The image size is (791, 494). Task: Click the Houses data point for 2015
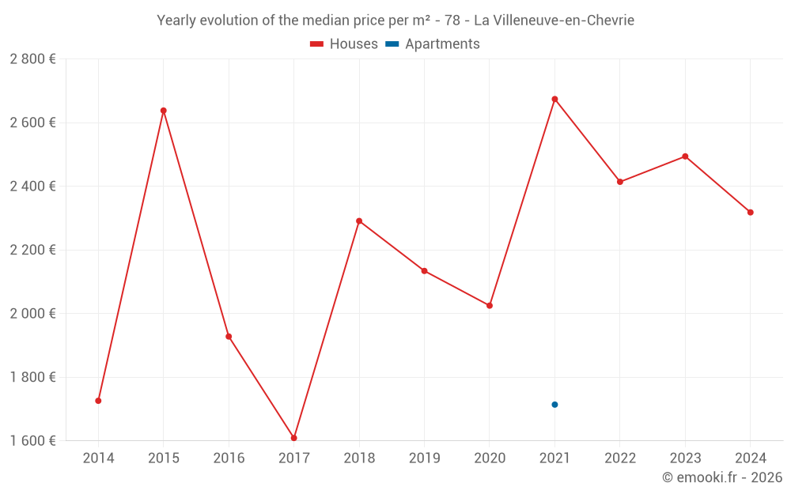[164, 111]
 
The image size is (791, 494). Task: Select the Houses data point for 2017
[294, 438]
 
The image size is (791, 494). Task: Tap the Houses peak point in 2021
[554, 99]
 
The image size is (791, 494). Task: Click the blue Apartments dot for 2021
[554, 405]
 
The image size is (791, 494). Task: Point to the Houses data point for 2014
[98, 401]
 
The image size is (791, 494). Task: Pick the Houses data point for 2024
[751, 213]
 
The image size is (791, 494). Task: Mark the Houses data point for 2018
[359, 221]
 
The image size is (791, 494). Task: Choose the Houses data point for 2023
[685, 156]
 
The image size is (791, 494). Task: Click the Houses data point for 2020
[490, 305]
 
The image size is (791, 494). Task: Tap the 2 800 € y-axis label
[32, 59]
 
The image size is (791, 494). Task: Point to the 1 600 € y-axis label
[32, 441]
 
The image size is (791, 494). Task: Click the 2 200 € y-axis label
[32, 250]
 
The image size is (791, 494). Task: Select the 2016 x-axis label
[229, 458]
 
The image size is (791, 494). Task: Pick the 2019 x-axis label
[424, 458]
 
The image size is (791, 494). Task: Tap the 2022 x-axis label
[620, 458]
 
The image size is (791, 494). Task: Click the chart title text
[395, 21]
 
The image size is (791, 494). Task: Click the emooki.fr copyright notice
[722, 477]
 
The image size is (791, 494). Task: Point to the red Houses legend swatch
[317, 44]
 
